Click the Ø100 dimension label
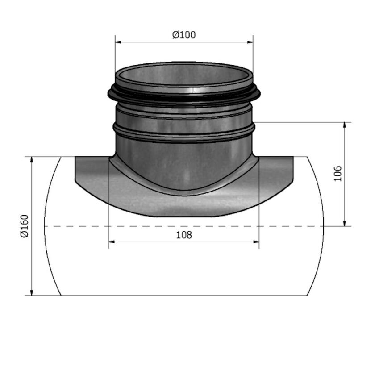(184, 35)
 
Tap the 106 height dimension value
(338, 174)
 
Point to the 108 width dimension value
(184, 235)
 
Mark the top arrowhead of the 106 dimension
(345, 125)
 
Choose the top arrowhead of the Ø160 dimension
(32, 160)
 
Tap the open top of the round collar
(184, 75)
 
